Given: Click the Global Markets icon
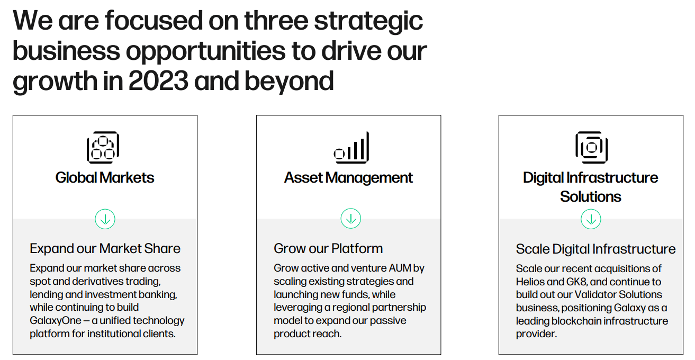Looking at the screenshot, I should [x=103, y=147].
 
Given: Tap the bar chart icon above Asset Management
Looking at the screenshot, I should [x=351, y=148].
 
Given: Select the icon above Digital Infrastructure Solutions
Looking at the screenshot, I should [x=591, y=147].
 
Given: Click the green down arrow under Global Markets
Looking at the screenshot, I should [x=105, y=219].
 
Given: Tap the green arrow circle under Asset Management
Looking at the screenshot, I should [x=350, y=219].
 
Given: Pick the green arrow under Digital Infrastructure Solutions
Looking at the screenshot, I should [x=591, y=219].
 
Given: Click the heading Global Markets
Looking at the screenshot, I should [x=105, y=177].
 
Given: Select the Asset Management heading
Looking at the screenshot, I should [x=348, y=177].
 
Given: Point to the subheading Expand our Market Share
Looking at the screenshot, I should [x=105, y=248].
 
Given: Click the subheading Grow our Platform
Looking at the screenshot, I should [x=328, y=248].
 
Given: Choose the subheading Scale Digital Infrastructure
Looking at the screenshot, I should [x=595, y=249].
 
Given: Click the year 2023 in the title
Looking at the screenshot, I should [x=158, y=81].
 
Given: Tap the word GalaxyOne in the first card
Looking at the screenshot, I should [x=56, y=320].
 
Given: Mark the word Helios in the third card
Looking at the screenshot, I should [x=531, y=282].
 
